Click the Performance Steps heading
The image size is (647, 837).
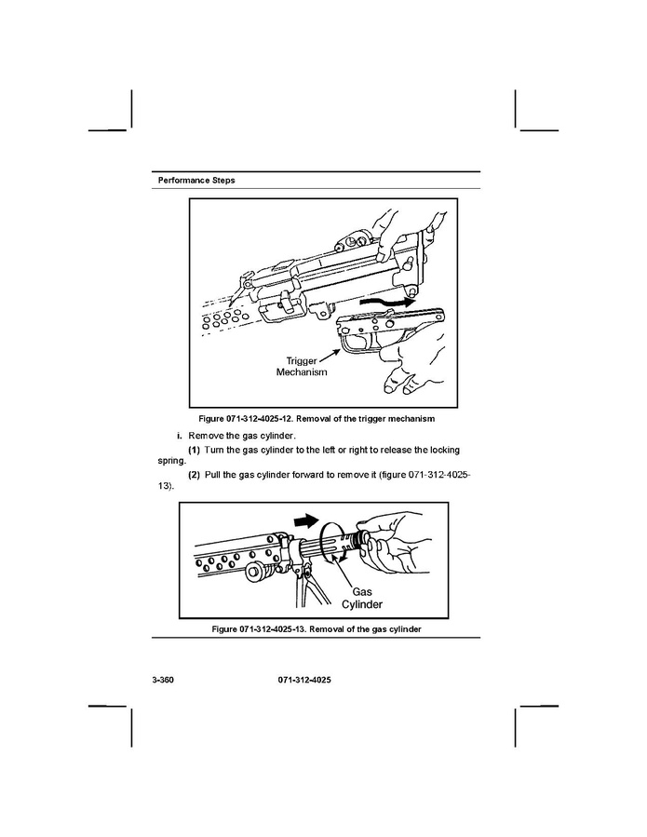[196, 181]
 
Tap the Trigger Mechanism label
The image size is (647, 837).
[302, 367]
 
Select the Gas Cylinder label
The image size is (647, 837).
[362, 598]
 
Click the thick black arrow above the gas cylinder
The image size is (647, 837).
[306, 520]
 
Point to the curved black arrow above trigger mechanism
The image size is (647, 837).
[387, 303]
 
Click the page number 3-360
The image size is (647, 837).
[163, 680]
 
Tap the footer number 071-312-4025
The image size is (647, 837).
[304, 680]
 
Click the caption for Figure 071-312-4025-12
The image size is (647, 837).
[317, 419]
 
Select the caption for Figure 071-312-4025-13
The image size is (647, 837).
[317, 629]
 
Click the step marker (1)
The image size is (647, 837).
[194, 450]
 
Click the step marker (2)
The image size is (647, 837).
[194, 475]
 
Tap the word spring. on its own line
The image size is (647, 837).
[172, 461]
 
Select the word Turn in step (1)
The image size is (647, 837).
[214, 450]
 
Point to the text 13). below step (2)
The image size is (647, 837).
[166, 486]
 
